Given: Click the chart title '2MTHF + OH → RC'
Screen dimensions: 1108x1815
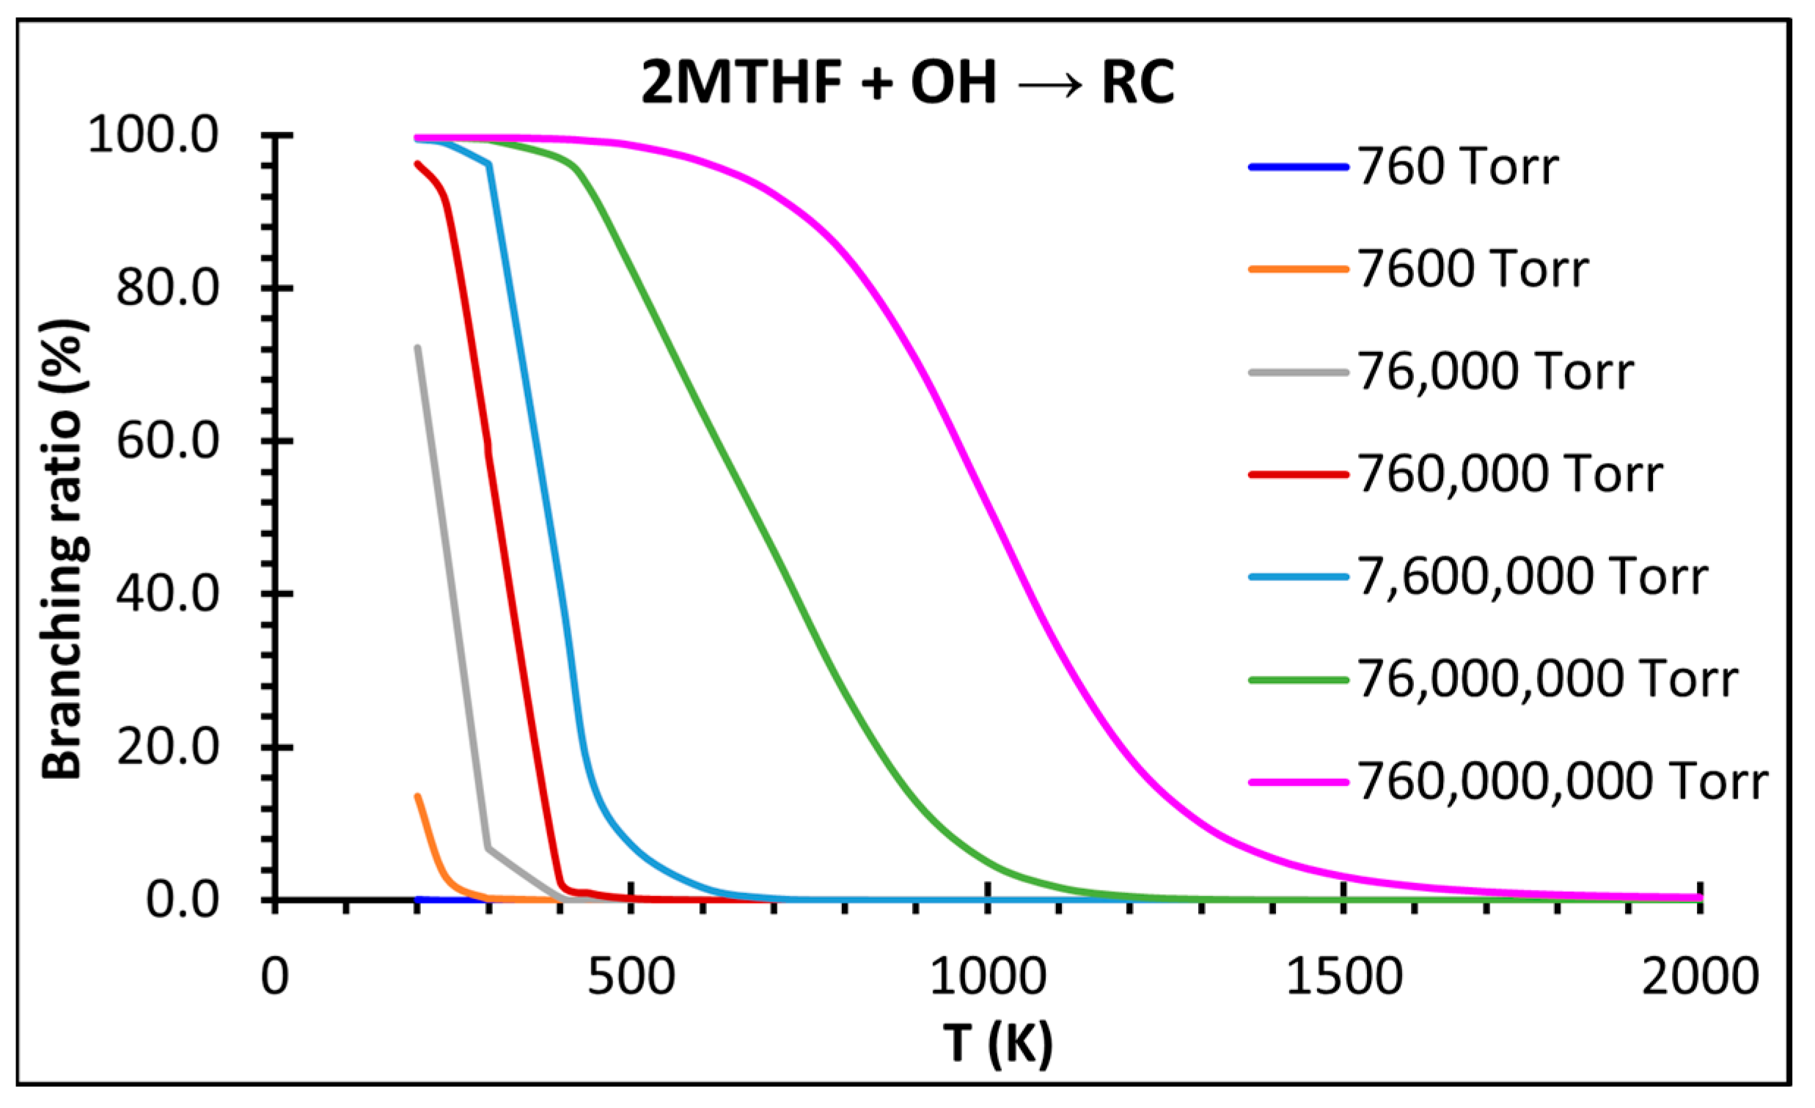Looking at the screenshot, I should click(908, 82).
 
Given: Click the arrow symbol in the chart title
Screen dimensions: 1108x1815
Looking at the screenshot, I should click(1050, 86).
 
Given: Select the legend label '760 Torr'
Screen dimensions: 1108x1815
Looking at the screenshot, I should click(1458, 167).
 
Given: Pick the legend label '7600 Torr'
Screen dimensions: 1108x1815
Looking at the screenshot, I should click(1473, 270).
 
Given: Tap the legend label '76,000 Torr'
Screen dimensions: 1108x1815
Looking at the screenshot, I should click(1495, 372).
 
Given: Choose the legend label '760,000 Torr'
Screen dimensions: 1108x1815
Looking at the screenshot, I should click(1510, 474).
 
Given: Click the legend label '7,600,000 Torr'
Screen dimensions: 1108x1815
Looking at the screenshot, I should click(1532, 577).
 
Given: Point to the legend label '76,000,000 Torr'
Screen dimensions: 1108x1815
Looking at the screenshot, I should click(1547, 679).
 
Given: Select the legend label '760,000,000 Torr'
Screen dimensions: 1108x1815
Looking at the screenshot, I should click(1562, 782).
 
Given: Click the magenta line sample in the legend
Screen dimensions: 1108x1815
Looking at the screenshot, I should click(1298, 782).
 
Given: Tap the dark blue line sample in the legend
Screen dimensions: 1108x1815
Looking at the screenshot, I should click(1298, 167).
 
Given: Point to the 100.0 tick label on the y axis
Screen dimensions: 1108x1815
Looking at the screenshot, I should click(153, 136).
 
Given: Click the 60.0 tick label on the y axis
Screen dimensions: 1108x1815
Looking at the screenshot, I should click(168, 442).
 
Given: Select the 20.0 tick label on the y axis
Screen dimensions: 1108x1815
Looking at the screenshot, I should click(168, 748).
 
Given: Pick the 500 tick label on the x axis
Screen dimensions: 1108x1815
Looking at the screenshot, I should click(631, 977).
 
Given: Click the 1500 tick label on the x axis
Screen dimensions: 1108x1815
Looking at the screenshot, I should click(1344, 977).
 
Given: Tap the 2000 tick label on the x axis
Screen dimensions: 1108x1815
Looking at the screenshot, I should click(1700, 977).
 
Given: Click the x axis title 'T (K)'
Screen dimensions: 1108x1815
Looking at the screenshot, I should click(997, 1044).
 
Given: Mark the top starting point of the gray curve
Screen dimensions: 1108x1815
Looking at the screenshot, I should click(418, 348).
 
